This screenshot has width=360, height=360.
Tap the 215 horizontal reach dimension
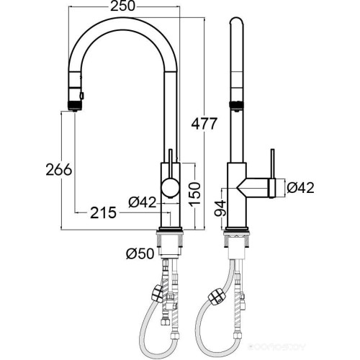tap(104, 212)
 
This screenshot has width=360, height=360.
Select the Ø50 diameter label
tap(138, 253)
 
